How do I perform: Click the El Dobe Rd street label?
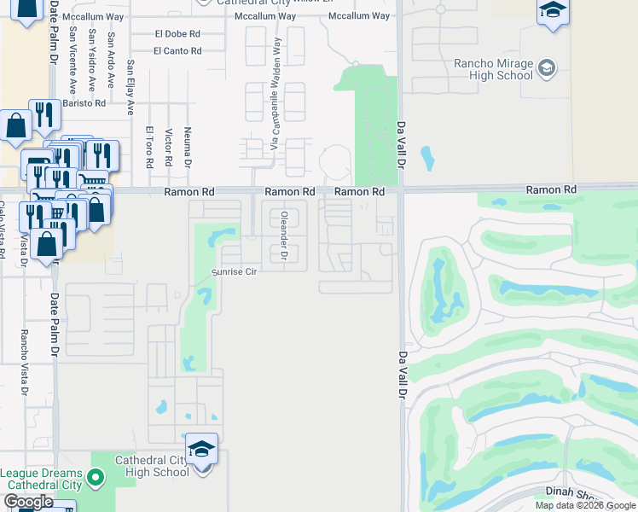pyautogui.click(x=177, y=34)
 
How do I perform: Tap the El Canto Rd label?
pyautogui.click(x=177, y=51)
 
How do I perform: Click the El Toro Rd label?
pyautogui.click(x=149, y=145)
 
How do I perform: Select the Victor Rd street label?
pyautogui.click(x=169, y=148)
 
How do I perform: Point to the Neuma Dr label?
pyautogui.click(x=188, y=145)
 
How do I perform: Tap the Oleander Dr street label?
pyautogui.click(x=285, y=234)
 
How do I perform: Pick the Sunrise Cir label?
pyautogui.click(x=235, y=271)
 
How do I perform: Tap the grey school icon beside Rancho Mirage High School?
pyautogui.click(x=547, y=67)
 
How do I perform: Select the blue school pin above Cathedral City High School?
pyautogui.click(x=202, y=448)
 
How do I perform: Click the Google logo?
pyautogui.click(x=29, y=502)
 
